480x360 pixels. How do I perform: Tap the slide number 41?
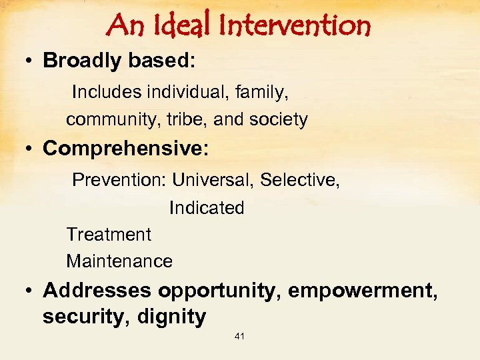coord(239,337)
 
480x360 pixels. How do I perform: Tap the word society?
coord(278,119)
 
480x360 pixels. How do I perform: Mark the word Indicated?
coord(207,208)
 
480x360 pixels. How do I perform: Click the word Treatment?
coord(109,235)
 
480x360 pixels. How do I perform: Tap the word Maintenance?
coord(119,261)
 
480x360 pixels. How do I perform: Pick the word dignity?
coord(171,317)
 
